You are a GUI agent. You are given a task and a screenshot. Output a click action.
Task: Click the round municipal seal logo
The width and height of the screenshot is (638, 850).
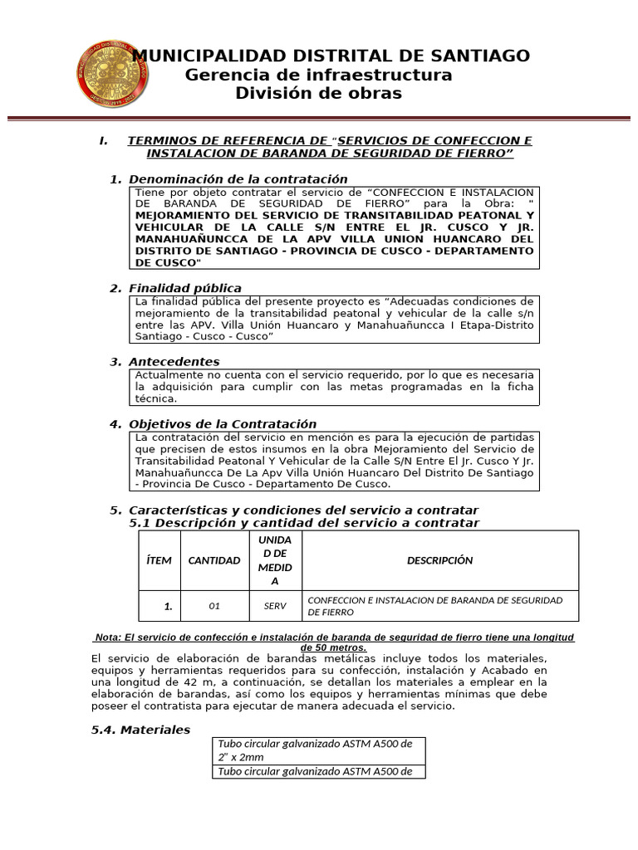coord(113,75)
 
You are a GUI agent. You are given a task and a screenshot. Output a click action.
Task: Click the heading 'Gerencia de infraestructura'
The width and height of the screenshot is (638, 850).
coord(319,76)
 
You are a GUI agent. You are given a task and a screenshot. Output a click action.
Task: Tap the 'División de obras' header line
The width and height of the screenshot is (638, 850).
coord(319,94)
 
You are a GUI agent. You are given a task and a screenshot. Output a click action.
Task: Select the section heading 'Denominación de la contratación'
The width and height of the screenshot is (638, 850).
coord(238,179)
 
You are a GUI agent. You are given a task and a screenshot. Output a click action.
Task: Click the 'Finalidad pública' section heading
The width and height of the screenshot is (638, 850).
coord(185,288)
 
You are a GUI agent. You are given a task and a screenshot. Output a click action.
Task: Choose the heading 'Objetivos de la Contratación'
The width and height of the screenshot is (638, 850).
coord(222,424)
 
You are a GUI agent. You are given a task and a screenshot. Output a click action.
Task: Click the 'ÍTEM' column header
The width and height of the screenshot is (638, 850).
coord(159,560)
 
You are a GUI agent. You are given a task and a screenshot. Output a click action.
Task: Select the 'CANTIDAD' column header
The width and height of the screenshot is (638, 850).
coord(214,560)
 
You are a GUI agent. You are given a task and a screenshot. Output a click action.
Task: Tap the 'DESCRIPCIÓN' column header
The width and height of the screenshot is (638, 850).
coord(439,560)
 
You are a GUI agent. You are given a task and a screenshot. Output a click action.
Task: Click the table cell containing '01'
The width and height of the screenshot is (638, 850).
coord(214,606)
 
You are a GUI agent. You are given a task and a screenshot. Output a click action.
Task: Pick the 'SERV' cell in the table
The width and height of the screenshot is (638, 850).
coord(275,606)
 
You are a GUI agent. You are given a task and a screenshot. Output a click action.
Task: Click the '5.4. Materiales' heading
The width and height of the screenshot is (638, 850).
coord(140,730)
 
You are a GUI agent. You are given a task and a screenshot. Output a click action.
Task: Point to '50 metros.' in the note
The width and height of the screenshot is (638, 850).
coord(333,647)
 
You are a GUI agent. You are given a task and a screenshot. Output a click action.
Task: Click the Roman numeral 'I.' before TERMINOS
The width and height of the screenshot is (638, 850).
coord(104,141)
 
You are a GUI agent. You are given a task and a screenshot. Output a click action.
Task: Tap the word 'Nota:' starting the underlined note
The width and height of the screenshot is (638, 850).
coord(108,637)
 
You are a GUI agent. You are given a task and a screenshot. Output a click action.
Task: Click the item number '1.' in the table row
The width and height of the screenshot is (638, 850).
coord(168,607)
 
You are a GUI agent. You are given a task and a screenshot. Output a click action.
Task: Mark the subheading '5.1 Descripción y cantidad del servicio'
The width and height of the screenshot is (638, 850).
coord(304,523)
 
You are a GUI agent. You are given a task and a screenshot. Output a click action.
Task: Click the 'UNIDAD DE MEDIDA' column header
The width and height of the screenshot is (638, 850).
coord(275,560)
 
